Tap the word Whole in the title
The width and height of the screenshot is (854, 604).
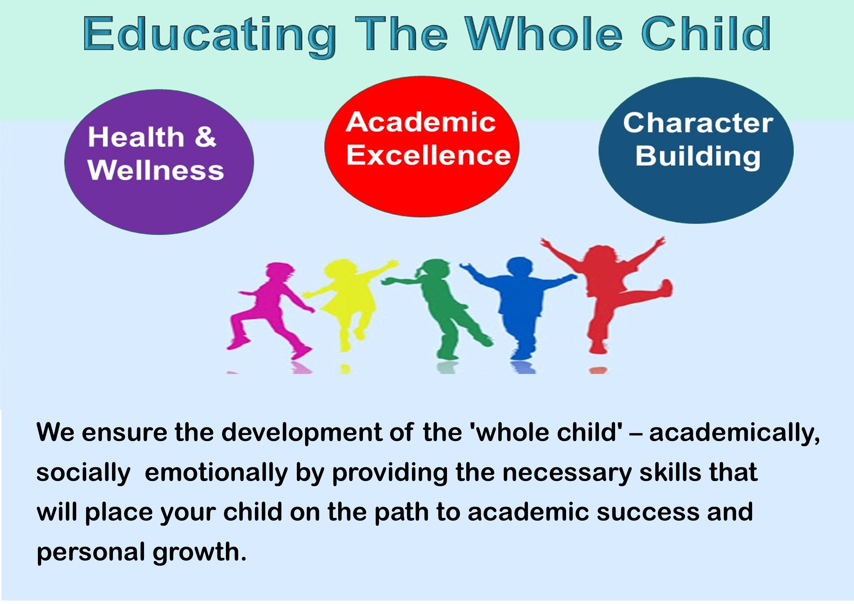[544, 33]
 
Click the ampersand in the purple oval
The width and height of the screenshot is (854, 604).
[205, 137]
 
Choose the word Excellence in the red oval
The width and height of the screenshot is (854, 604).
[428, 155]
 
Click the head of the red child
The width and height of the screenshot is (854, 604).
[601, 255]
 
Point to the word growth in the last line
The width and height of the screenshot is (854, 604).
[199, 553]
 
